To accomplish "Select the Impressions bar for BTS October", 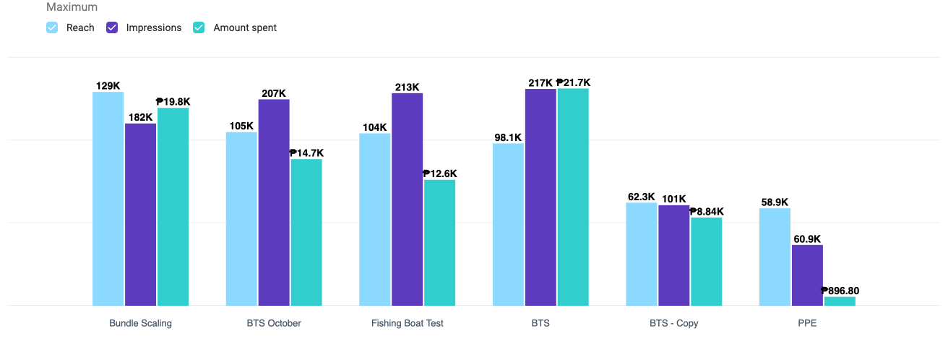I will point(274,202).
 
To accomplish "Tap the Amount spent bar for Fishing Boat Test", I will point(439,243).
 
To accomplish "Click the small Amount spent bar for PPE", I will point(840,301).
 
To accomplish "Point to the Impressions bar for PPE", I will point(807,275).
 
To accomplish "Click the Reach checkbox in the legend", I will point(52,27).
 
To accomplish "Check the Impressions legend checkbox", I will point(112,27).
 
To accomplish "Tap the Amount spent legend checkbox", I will point(199,27).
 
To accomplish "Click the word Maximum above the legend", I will point(72,7).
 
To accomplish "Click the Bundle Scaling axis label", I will point(140,323).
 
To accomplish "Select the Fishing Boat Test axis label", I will point(407,323).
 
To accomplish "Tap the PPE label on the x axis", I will point(807,323).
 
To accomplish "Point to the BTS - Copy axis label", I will point(673,323).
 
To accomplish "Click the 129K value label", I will point(108,86).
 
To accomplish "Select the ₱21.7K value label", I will point(573,82).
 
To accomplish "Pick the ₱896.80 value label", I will point(840,291).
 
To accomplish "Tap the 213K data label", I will point(407,87).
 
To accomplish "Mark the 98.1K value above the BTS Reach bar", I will point(508,137).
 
